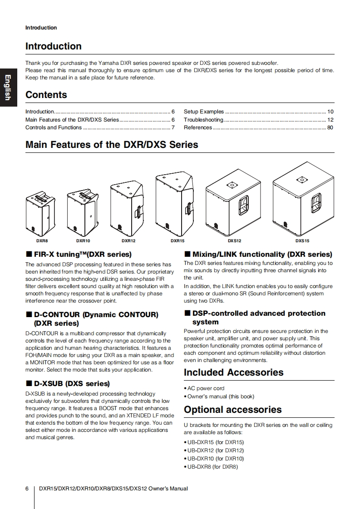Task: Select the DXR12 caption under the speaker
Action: click(128, 241)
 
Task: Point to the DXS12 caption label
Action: click(234, 241)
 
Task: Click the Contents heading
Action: click(46, 95)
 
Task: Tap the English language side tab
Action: click(8, 88)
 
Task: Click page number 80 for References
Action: click(330, 127)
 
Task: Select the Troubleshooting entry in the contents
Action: click(204, 120)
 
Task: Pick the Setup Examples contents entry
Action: click(204, 112)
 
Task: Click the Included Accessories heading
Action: click(233, 372)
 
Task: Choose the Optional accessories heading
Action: click(232, 410)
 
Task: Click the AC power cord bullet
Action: click(206, 388)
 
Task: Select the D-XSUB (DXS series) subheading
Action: click(72, 383)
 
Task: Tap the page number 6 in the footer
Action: click(27, 489)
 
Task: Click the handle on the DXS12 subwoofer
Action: click(244, 205)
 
